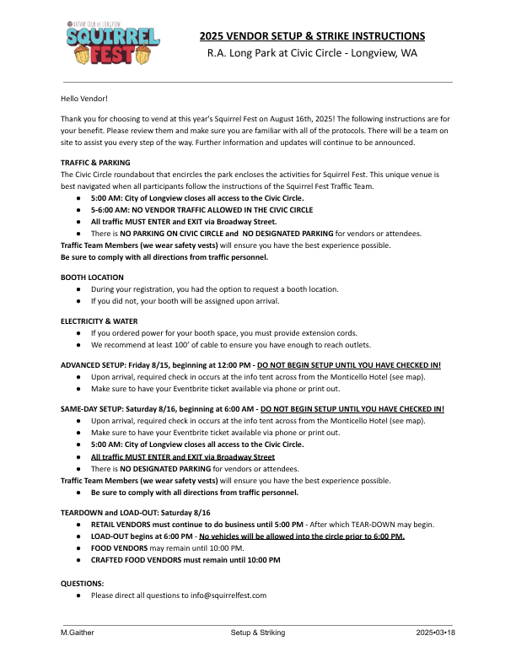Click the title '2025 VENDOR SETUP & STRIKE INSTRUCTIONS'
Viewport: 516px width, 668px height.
[x=312, y=36]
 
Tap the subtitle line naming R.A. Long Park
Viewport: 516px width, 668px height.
[x=312, y=52]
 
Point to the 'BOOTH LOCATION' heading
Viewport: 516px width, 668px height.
[x=92, y=277]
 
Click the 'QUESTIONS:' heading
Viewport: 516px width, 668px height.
[x=83, y=583]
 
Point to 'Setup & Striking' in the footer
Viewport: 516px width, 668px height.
[x=258, y=632]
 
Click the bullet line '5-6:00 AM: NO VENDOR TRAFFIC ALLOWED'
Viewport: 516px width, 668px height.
[x=202, y=209]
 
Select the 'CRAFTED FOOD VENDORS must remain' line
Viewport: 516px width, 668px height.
[x=185, y=559]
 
